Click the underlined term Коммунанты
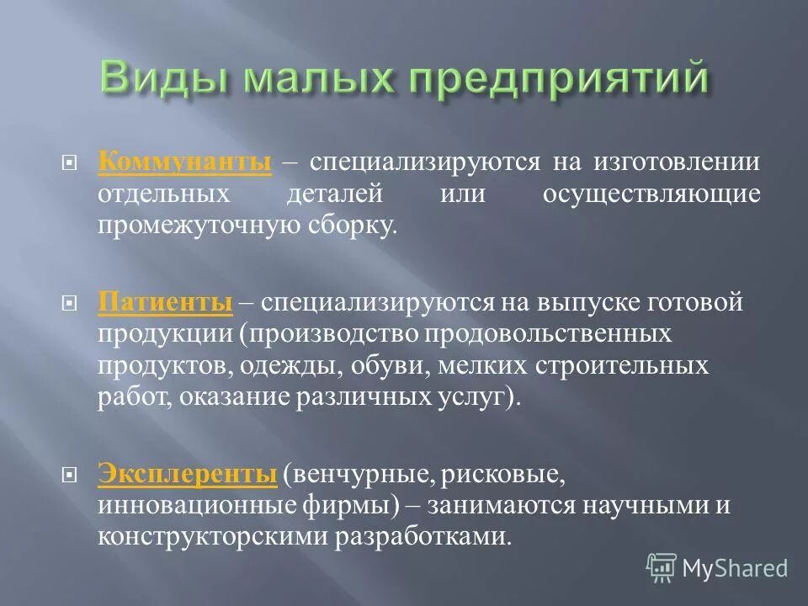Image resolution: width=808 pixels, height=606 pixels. [x=184, y=162]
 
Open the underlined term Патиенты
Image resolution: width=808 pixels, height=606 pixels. [x=165, y=301]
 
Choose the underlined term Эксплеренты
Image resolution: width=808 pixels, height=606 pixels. [x=187, y=475]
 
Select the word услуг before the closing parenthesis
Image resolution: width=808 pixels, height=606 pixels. [x=482, y=397]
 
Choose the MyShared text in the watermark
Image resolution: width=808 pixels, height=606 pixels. [x=735, y=568]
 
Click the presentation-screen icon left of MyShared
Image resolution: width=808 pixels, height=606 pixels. [x=662, y=567]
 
